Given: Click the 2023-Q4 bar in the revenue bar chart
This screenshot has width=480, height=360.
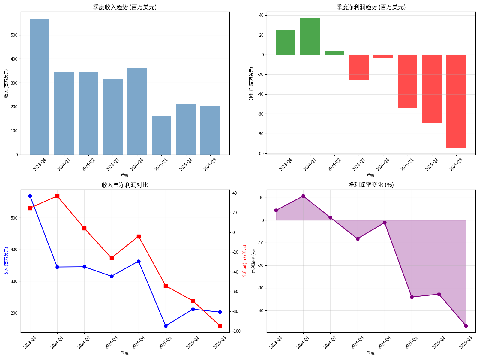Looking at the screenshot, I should [x=40, y=87].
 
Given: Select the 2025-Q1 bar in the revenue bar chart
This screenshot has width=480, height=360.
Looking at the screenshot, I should [x=161, y=136].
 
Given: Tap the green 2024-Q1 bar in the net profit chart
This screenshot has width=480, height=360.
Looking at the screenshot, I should [x=310, y=37].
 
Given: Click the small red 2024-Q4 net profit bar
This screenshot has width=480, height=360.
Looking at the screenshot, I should [x=383, y=57].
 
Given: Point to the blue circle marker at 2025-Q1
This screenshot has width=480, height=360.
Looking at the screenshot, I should [x=166, y=326].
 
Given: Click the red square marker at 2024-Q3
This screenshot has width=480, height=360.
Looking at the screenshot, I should [x=112, y=258].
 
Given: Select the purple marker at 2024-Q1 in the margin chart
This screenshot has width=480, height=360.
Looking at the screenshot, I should [x=303, y=196].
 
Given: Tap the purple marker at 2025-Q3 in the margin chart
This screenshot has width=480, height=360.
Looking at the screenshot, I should [x=466, y=326].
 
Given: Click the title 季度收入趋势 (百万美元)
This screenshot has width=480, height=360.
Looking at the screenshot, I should [x=125, y=7].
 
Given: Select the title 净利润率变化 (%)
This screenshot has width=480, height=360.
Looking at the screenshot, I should [x=371, y=185].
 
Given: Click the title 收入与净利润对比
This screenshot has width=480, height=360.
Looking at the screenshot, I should [x=125, y=185].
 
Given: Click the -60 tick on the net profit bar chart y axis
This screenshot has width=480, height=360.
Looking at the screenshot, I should [x=260, y=114].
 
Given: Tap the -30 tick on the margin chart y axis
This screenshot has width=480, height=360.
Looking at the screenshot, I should [x=260, y=288].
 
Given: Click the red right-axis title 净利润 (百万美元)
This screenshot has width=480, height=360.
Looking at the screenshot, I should [x=244, y=261].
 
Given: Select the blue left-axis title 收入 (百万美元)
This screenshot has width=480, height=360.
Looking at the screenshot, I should [x=6, y=261].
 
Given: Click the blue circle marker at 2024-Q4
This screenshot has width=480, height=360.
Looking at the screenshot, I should [x=139, y=261].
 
